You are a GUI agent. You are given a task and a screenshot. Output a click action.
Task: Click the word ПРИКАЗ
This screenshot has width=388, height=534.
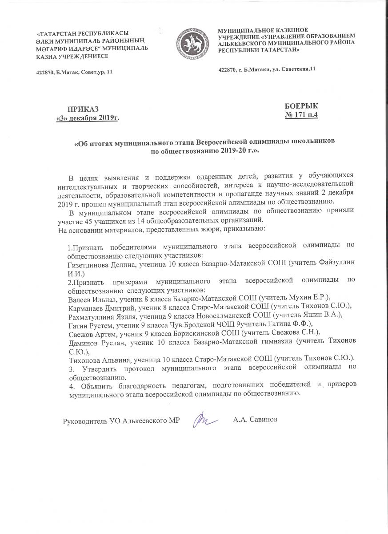pos(83,109)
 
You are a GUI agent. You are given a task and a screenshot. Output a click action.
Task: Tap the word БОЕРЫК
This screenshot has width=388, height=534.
pos(301,105)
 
